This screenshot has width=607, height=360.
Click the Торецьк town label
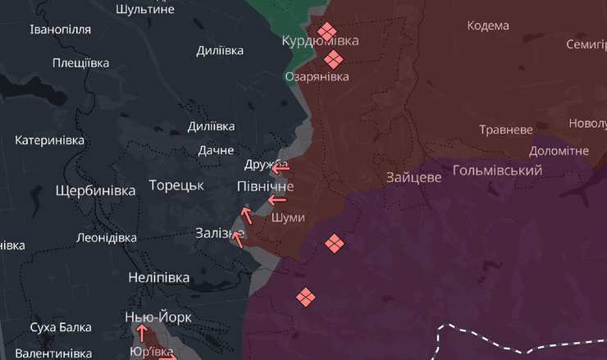click(x=176, y=185)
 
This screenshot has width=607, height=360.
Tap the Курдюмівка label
click(x=320, y=41)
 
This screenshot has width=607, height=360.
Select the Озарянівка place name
click(x=317, y=76)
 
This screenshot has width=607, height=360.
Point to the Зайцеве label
click(x=413, y=177)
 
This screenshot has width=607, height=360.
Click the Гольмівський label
click(x=497, y=171)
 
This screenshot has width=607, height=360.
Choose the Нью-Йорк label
click(x=158, y=317)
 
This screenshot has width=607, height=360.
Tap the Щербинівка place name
click(x=94, y=191)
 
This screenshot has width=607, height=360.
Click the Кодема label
click(x=488, y=25)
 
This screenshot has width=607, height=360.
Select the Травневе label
click(x=506, y=130)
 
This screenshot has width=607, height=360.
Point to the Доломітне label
click(x=559, y=151)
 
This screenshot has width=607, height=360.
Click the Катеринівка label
click(x=49, y=140)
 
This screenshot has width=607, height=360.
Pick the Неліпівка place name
click(x=159, y=277)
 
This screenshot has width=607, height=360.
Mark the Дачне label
click(x=217, y=150)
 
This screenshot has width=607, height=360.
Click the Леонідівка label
click(x=106, y=237)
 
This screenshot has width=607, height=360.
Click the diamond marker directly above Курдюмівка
click(x=327, y=30)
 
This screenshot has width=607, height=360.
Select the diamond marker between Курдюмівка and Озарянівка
click(x=333, y=59)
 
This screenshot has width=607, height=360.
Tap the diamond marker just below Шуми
click(x=334, y=244)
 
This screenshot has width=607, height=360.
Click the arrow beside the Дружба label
click(x=281, y=168)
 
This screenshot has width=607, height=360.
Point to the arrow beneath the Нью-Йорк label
click(x=142, y=333)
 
